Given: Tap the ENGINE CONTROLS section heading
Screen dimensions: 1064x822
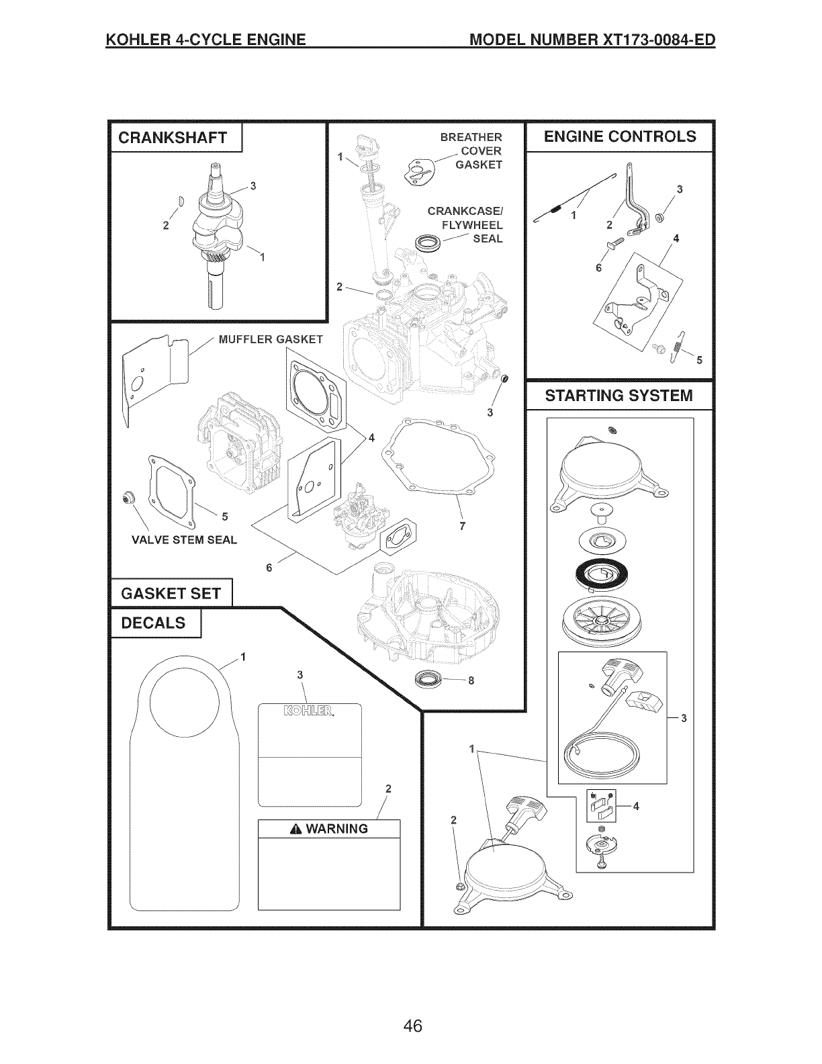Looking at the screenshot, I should tap(620, 136).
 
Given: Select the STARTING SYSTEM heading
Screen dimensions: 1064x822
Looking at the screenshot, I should tap(619, 395).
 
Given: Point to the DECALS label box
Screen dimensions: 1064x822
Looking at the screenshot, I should tap(153, 623).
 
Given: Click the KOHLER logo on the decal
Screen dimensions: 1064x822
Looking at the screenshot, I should tap(310, 712).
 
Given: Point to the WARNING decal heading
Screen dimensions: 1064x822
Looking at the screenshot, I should tap(328, 829).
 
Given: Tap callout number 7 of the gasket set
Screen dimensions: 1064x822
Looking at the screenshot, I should tap(462, 527).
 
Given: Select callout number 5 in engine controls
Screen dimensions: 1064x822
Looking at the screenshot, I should tap(698, 359).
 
